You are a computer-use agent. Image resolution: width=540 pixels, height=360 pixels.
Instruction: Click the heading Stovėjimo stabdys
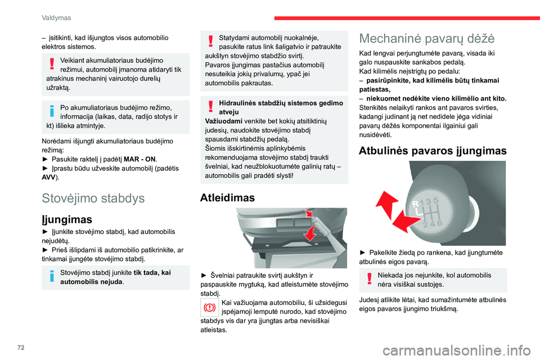tap(93, 198)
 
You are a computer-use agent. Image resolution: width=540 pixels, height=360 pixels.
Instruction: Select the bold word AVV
tap(49, 177)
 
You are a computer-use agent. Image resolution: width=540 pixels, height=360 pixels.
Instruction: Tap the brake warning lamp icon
tap(209, 308)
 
